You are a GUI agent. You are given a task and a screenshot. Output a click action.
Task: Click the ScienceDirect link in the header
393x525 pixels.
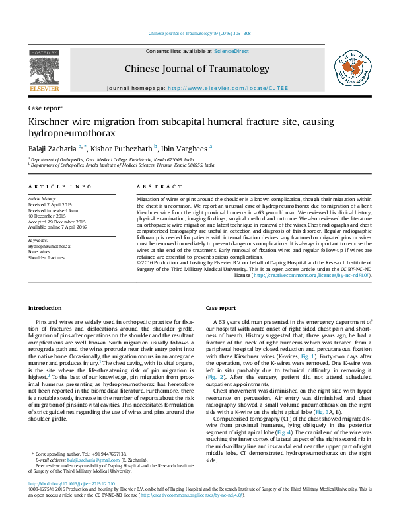pyautogui.click(x=231, y=51)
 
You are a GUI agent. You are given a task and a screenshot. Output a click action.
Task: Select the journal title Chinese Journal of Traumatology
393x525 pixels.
pyautogui.click(x=196, y=69)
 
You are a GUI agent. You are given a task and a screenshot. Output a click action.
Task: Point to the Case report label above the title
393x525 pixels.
pyautogui.click(x=45, y=108)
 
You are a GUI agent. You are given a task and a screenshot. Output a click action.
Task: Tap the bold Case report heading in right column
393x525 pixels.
pyautogui.click(x=221, y=309)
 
